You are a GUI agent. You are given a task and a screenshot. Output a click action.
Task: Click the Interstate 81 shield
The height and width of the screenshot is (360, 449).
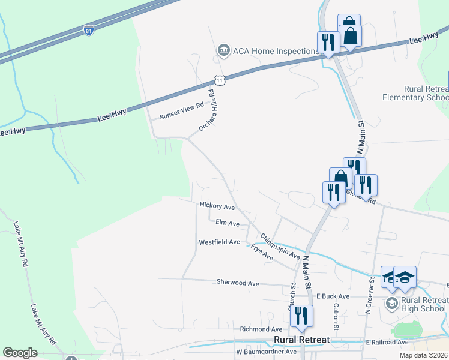(88, 29)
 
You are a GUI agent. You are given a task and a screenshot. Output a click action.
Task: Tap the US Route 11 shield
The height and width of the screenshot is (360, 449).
(220, 80)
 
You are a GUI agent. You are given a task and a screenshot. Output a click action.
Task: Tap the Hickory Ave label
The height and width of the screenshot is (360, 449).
(217, 206)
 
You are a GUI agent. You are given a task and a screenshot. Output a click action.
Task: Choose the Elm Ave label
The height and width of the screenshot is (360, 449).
(228, 223)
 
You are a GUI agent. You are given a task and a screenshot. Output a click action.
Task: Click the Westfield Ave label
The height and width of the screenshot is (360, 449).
(220, 242)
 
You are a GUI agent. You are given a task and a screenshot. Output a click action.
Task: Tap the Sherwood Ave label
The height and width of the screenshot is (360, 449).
(238, 283)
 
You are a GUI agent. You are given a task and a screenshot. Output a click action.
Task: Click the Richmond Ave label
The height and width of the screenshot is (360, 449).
(261, 329)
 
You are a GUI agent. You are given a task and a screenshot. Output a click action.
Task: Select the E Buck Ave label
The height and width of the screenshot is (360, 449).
(333, 296)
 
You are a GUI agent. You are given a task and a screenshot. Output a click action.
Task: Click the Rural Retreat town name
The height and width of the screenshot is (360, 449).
(301, 340)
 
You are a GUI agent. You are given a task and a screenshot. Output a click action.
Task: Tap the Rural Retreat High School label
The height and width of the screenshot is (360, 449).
(424, 304)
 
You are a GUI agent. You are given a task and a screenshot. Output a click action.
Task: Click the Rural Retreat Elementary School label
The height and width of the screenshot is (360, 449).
(417, 93)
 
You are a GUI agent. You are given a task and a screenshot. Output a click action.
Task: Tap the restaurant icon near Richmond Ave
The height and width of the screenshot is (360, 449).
(301, 316)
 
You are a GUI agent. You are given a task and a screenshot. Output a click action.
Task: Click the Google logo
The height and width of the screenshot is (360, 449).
(20, 353)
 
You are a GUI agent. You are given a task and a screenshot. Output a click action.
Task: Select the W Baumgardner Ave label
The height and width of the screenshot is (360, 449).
(267, 352)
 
